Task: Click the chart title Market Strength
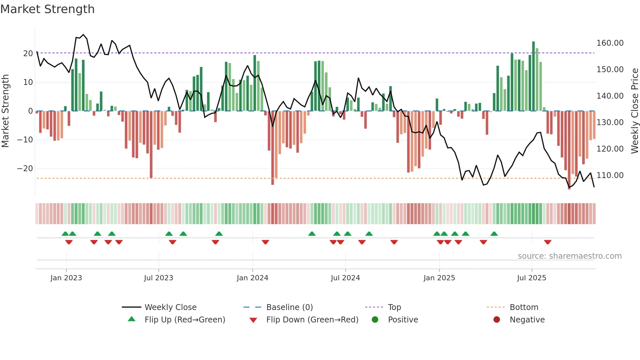pos(47,9)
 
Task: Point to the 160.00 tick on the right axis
pos(610,43)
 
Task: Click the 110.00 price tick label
pos(610,175)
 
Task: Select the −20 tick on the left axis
pos(25,169)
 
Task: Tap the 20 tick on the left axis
pos(28,54)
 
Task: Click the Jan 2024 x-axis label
pos(252,278)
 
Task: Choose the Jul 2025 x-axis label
pos(531,278)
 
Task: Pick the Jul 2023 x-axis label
pos(158,278)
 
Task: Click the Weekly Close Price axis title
pos(634,111)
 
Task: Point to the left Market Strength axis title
pos(5,111)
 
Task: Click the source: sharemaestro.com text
pos(569,256)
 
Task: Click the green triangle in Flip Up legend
pos(132,319)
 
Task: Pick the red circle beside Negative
pos(497,320)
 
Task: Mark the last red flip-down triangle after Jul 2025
pos(548,242)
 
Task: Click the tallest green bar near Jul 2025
pos(533,76)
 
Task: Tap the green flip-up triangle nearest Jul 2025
pos(494,234)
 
